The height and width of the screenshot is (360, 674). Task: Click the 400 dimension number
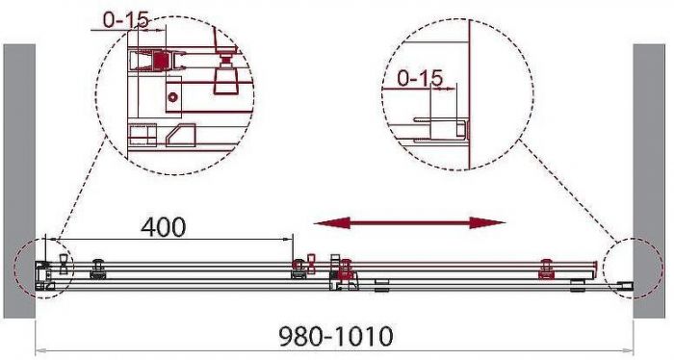(x=164, y=227)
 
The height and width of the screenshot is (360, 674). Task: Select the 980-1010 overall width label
(x=336, y=336)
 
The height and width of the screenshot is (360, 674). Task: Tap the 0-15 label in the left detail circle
(x=125, y=20)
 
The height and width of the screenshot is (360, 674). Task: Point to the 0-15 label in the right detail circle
(x=419, y=78)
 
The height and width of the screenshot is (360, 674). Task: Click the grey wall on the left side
(x=19, y=181)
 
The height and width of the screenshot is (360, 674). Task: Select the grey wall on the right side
(x=649, y=181)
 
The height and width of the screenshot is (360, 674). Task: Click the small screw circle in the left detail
(x=172, y=97)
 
